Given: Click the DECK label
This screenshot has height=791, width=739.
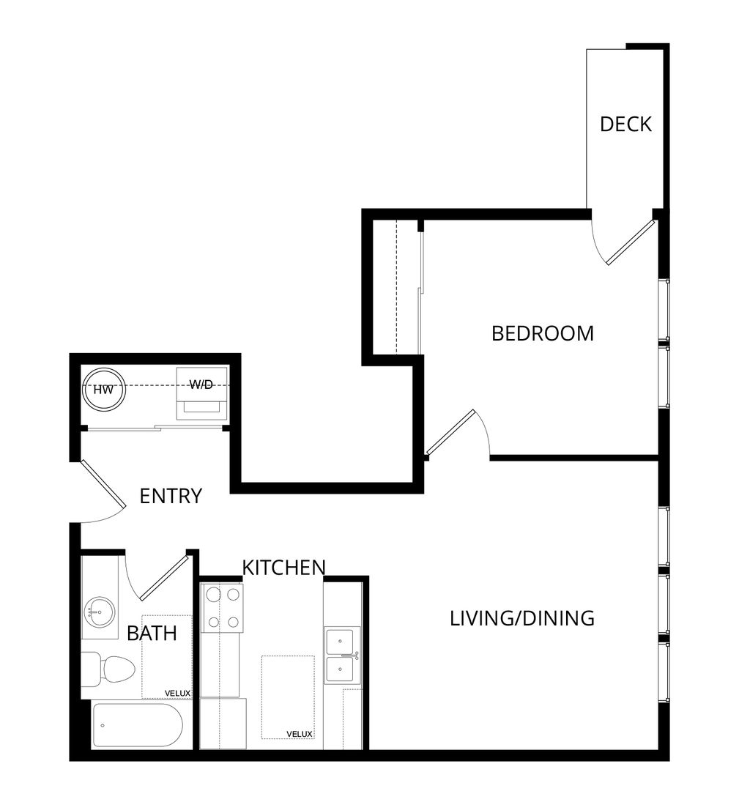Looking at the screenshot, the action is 625,124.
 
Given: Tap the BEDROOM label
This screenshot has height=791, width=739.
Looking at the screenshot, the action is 543,333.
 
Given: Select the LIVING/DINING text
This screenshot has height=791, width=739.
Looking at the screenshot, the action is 522,618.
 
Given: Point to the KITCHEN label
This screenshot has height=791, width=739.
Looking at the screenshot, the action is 284,568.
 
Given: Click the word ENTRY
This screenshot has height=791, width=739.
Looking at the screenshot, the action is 171,496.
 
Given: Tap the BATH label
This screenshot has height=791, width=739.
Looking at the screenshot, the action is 152,633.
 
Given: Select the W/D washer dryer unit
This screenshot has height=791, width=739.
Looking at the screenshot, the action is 201,393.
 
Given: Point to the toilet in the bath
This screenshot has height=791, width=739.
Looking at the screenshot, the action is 108,669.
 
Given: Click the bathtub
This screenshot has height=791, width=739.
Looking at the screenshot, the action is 137,726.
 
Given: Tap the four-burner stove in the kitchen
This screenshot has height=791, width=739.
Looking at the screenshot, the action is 223,609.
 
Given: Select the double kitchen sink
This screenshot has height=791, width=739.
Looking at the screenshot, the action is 342,656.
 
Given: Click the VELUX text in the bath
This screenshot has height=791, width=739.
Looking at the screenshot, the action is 177,694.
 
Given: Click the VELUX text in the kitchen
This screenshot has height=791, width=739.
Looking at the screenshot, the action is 300,734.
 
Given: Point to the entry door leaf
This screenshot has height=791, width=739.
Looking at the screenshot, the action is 103,483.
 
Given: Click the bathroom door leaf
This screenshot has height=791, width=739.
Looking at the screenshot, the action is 165,577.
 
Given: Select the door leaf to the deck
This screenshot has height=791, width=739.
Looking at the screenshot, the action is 631,242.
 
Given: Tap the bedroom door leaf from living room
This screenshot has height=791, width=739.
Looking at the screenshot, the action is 450,432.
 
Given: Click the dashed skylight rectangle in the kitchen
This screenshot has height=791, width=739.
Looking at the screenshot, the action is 288,697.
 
